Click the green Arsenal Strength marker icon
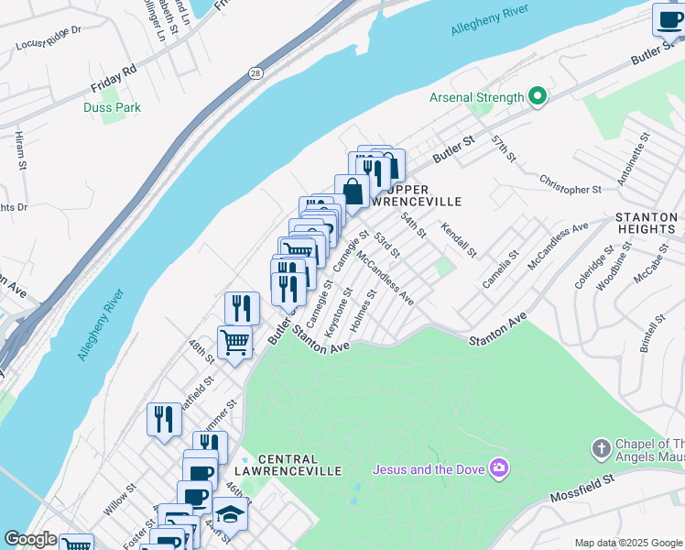pyautogui.click(x=538, y=97)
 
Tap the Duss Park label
pyautogui.click(x=112, y=108)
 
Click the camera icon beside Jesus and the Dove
pyautogui.click(x=499, y=469)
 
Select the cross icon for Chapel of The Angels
pyautogui.click(x=601, y=449)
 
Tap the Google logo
pyautogui.click(x=29, y=539)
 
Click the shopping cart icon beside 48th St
pyautogui.click(x=235, y=343)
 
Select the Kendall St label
pyautogui.click(x=459, y=238)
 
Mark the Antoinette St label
pyautogui.click(x=634, y=158)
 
